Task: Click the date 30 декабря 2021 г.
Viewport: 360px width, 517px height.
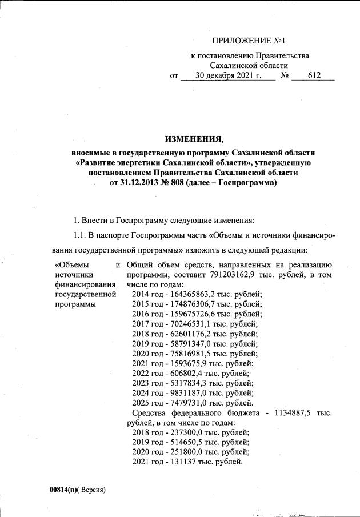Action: [x=228, y=75]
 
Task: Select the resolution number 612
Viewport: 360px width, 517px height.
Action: [x=314, y=75]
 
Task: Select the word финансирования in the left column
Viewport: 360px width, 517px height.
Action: [x=81, y=284]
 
